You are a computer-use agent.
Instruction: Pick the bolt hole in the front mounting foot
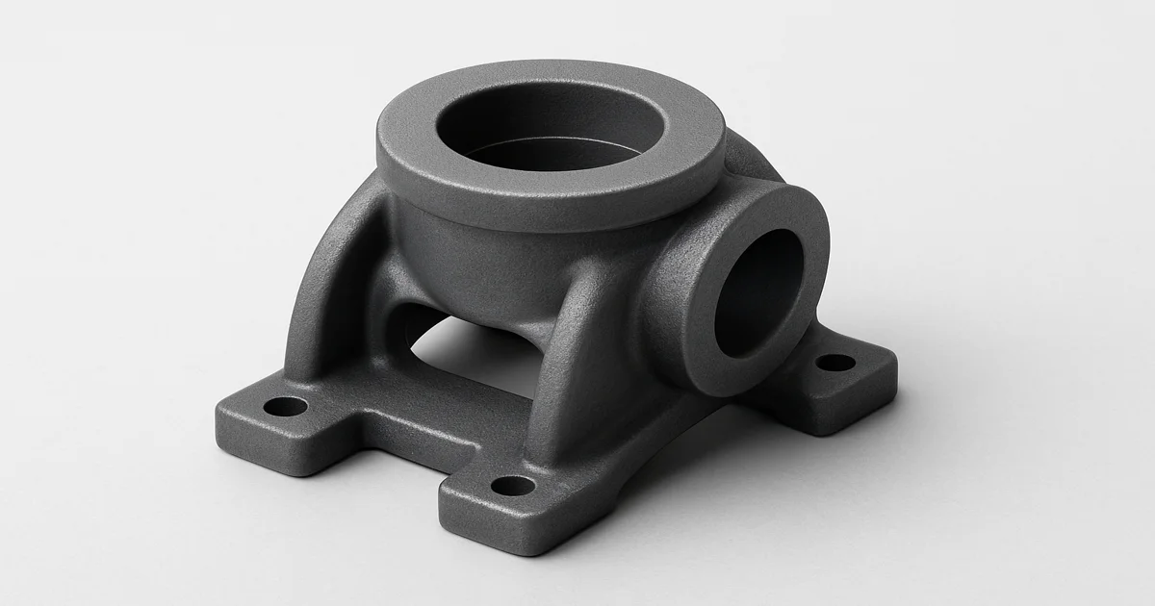click(x=513, y=486)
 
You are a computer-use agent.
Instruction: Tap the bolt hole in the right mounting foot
click(x=834, y=364)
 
